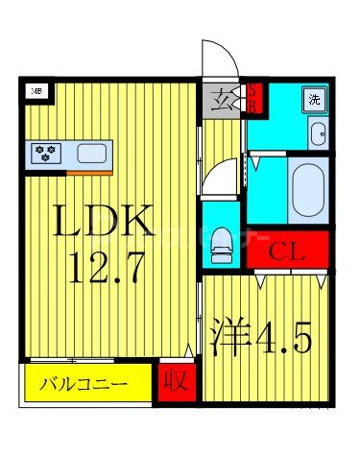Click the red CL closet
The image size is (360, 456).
click(287, 252)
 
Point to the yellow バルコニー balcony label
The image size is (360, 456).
click(84, 387)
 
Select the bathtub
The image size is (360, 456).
click(308, 189)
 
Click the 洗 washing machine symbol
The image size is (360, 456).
click(314, 99)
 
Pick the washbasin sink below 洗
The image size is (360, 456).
click(317, 133)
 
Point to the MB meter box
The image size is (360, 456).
click(37, 91)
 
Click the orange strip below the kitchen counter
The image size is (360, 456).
click(89, 171)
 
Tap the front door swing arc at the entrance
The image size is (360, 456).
click(216, 58)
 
